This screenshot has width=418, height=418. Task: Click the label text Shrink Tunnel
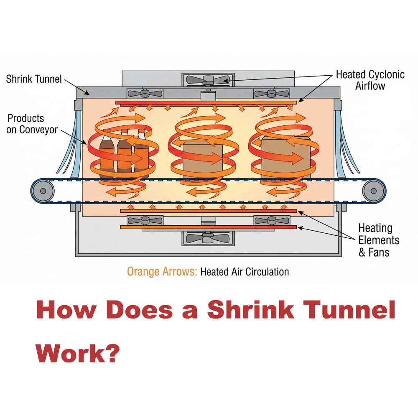point(34,79)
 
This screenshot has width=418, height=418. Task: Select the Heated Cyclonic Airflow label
point(370,80)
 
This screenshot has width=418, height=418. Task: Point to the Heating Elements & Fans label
point(379,240)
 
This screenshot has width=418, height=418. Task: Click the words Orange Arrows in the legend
point(162,272)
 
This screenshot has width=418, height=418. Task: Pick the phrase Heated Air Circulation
point(245,272)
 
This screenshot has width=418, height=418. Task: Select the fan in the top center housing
point(207,79)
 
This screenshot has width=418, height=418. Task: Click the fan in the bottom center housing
point(207,238)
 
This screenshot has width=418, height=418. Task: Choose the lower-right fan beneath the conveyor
point(271,220)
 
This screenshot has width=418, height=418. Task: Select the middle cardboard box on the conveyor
point(203,159)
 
